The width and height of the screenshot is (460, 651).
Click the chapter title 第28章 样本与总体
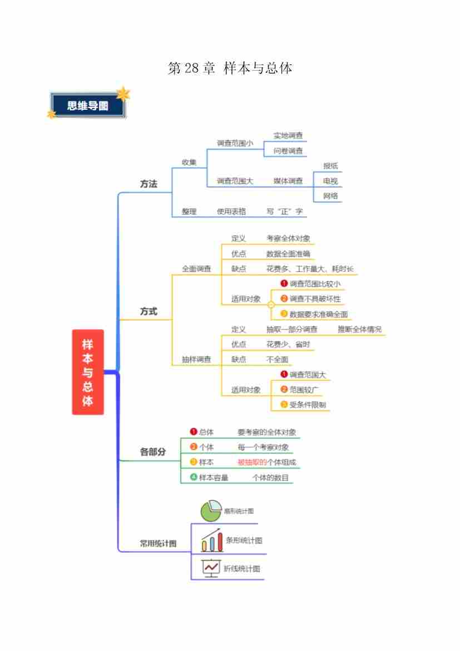pos(230,68)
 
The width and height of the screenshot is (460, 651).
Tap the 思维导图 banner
pos(88,106)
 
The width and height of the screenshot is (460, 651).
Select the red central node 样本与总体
pos(88,372)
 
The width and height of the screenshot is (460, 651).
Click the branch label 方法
pos(149,184)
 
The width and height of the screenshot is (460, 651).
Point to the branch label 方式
pos(149,311)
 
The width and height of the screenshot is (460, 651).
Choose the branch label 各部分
pos(153,452)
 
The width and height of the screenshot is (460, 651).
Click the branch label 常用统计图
pos(158,543)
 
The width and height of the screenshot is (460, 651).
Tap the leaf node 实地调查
pos(288,135)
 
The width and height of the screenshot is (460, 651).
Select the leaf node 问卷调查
pos(288,150)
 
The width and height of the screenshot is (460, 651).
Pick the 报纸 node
pos(330,166)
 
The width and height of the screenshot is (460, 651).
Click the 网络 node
pos(330,196)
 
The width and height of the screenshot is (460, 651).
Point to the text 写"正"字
pos(285,212)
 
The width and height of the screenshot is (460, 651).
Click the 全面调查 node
pos(196,268)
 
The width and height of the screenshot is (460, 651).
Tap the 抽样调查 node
pos(196,359)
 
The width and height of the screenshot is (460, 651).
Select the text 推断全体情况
pos(359,329)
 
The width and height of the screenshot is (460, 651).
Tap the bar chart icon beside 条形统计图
pos(212,540)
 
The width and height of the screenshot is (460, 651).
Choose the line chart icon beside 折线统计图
pos(211,568)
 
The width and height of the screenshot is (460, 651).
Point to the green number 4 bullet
pos(194,477)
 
